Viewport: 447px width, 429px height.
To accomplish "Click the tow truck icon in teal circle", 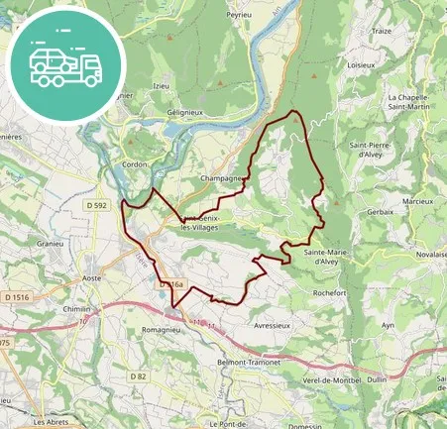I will [65, 65].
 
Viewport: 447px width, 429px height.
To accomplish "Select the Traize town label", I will [383, 31].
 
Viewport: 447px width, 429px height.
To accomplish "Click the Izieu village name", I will [162, 86].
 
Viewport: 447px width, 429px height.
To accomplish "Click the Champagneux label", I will [222, 179].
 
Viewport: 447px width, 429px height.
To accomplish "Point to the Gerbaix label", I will [382, 212].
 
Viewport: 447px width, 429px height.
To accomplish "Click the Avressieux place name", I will [276, 323].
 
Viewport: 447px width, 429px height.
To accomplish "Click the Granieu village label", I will [52, 242].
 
